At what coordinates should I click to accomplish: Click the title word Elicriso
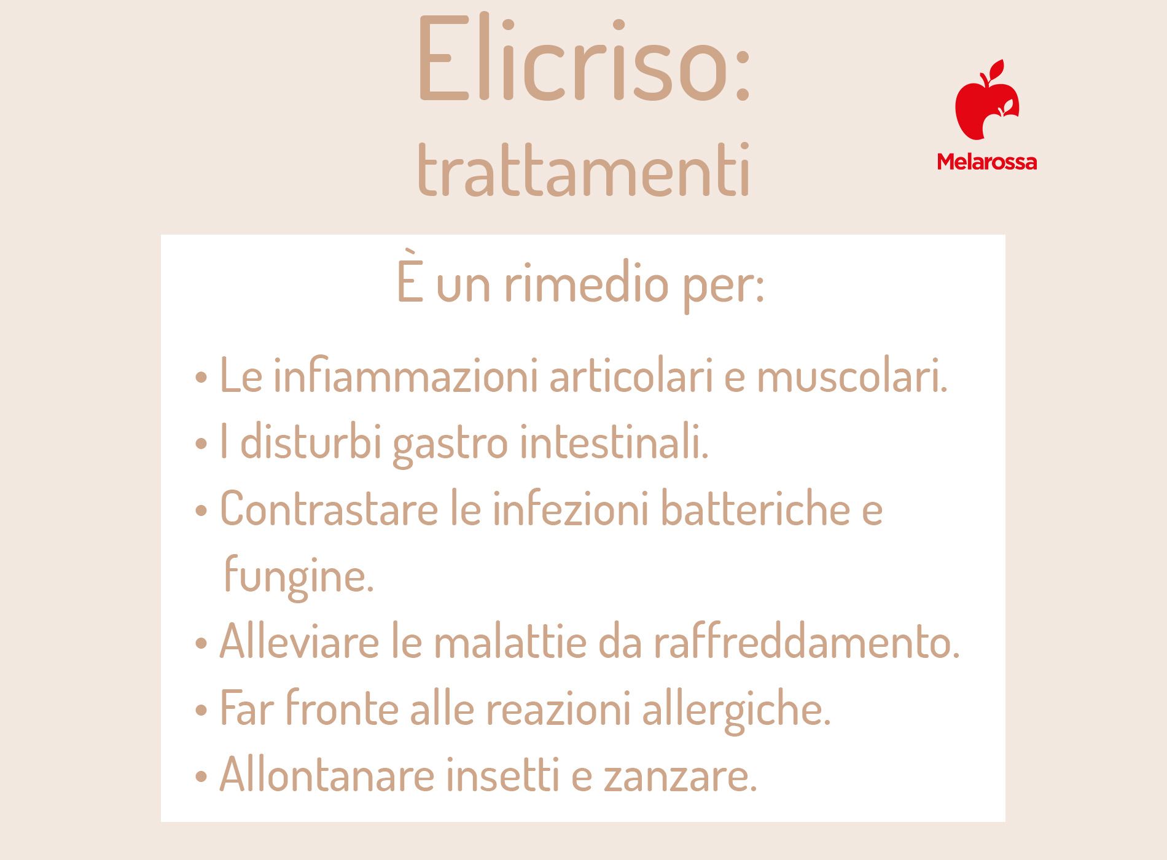point(583,58)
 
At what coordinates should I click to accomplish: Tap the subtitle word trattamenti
point(583,170)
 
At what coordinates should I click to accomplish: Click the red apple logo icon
point(987,100)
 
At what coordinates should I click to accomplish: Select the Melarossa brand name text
point(986,162)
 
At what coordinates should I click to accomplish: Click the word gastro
point(450,444)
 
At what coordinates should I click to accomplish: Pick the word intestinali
point(614,441)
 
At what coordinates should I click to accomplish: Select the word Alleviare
point(300,641)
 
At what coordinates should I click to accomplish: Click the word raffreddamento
point(806,641)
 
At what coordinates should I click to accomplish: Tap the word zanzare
point(681,776)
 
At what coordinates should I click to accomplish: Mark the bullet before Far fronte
point(201,710)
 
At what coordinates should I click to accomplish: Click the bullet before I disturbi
point(201,443)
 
